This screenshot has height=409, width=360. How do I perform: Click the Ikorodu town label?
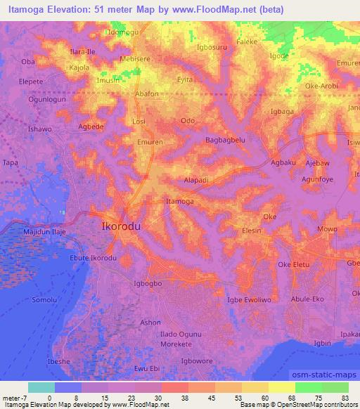[x=121, y=227]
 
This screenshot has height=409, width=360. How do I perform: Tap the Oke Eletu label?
[x=294, y=264]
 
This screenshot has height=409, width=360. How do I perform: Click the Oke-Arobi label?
[x=322, y=86]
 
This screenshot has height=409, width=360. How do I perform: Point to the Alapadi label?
[x=196, y=180]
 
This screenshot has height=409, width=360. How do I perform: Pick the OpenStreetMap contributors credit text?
[x=314, y=405]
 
